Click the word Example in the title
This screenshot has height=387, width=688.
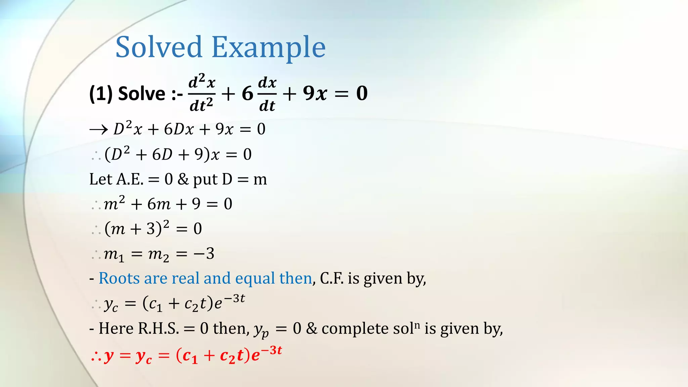coord(268,48)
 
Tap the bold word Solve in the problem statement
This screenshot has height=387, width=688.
coord(141,93)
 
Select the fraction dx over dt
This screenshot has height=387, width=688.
coord(267,93)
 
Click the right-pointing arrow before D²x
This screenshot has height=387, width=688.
coord(98,129)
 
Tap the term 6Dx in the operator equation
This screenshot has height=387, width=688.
coord(179,129)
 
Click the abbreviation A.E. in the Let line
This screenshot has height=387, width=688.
coord(130,179)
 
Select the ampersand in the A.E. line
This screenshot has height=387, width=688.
coord(183,179)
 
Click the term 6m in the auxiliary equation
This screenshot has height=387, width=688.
coord(159,204)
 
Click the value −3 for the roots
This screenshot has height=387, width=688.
coord(204,254)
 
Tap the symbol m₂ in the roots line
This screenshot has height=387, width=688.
coord(158,255)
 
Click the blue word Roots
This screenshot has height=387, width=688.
coord(119,278)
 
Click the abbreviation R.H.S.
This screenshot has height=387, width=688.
coord(158,328)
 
